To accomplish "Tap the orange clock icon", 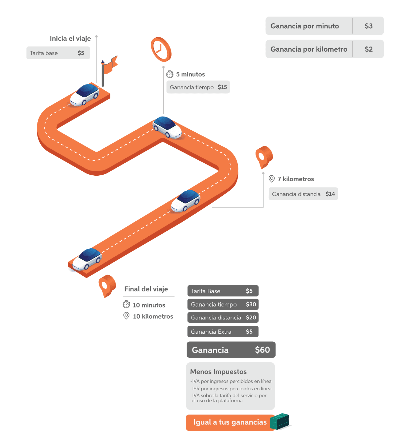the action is tap(161, 49).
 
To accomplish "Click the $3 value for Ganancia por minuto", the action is tap(369, 26).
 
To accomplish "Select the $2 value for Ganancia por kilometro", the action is tap(369, 49).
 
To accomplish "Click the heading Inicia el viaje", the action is tap(70, 38).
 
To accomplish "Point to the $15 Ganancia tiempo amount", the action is tap(222, 87).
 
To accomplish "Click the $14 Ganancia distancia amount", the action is tap(330, 194).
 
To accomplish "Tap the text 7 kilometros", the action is tap(296, 179).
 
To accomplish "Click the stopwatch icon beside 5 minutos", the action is tap(170, 74).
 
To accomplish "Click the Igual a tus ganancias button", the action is tap(230, 422).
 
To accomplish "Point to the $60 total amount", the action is tap(262, 350).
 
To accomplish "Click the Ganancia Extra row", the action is tap(223, 332).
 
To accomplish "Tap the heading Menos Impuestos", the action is tap(218, 372).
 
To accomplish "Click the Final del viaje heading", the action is tap(146, 289).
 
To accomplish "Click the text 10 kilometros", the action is tap(153, 316).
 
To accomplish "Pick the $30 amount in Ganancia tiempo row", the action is tap(251, 304).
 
